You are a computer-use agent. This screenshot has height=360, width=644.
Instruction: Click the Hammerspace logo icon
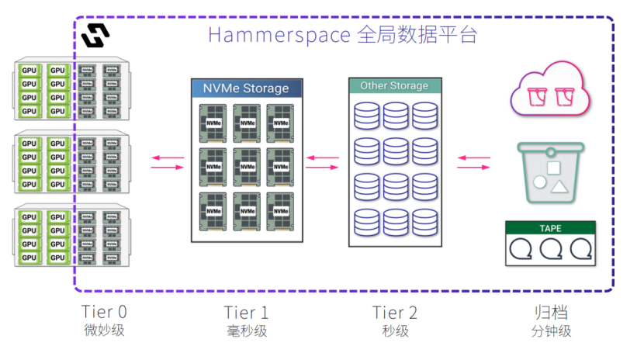coord(95,34)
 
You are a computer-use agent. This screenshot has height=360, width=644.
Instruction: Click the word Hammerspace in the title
coord(275,35)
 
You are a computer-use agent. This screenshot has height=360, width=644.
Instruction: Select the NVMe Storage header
coord(246,88)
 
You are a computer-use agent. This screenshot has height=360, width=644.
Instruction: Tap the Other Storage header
coord(394,85)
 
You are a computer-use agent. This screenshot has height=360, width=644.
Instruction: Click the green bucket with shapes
coord(550,172)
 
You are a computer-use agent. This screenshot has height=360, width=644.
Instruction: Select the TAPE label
coord(550,229)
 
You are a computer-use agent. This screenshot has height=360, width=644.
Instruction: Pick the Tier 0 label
coord(104,312)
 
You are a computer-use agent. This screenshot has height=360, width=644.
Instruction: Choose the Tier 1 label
coord(246,312)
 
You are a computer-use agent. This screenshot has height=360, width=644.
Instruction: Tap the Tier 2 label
coord(394,312)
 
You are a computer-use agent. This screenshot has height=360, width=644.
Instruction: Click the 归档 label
coord(551,312)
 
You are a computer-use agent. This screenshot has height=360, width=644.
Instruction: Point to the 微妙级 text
coord(104,331)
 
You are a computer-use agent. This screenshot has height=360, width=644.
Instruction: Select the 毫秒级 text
coord(246,331)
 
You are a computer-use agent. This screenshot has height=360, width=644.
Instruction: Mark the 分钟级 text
coord(551,331)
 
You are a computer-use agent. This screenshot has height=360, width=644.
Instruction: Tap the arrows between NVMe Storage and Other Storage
coord(322,161)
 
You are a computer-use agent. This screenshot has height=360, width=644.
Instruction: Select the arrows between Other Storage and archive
coord(473,161)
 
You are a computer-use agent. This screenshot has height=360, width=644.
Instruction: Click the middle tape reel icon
coord(551,248)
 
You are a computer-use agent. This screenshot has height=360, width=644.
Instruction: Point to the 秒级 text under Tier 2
coord(394,331)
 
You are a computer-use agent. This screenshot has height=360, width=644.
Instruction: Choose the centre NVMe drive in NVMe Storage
coord(246,165)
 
